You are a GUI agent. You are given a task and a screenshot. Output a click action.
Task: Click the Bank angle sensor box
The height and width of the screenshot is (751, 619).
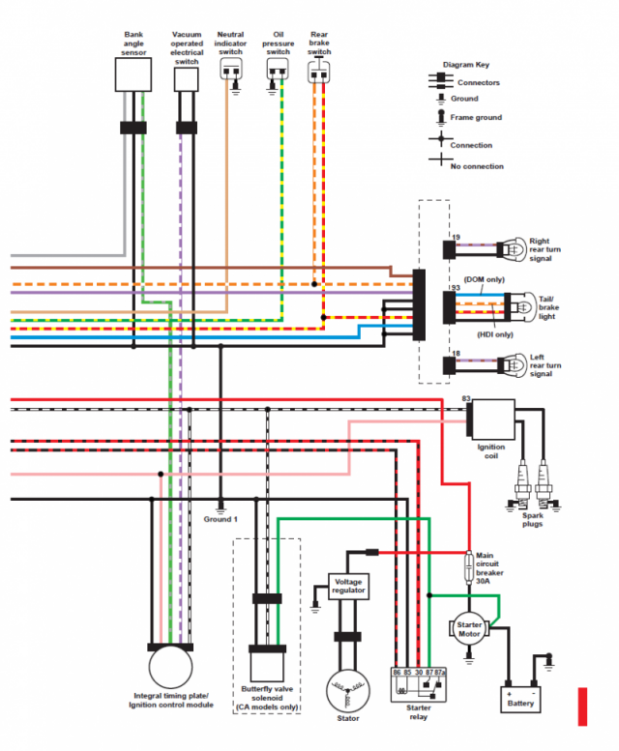point(133,74)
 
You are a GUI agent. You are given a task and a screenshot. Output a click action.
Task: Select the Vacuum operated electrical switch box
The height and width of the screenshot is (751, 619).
point(186,79)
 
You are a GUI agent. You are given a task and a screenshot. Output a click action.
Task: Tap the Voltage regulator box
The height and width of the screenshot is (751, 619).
point(348,587)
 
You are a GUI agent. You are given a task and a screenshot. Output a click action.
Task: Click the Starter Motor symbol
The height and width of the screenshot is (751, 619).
point(469,629)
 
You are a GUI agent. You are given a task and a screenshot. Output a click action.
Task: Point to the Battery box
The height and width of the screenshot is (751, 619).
point(520,700)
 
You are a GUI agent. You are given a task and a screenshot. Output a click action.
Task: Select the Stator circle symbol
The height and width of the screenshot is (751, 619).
point(348,691)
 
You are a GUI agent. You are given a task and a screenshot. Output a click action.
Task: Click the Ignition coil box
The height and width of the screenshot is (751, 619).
point(493,419)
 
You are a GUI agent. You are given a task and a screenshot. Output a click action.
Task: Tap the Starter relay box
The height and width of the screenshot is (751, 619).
point(419,685)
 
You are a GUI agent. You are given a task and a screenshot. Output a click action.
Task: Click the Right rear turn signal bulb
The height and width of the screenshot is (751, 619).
point(513,249)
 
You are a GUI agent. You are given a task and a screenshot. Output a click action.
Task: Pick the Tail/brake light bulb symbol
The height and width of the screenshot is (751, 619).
point(522,307)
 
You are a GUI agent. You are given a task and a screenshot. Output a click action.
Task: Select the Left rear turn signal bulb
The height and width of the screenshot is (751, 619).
point(513,365)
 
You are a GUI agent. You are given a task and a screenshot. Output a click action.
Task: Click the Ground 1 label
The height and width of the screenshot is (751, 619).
point(221,519)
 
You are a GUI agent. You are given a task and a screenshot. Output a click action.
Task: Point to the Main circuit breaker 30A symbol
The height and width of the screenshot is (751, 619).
point(469,566)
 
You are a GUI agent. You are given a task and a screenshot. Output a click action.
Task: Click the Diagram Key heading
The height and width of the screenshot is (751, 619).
point(465,65)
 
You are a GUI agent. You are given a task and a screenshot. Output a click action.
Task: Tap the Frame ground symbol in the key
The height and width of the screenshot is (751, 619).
point(441,117)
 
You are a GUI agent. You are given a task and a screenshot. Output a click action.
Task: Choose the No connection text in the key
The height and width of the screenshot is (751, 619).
point(477,166)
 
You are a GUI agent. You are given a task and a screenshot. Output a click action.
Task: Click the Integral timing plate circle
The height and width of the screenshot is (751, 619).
point(170,667)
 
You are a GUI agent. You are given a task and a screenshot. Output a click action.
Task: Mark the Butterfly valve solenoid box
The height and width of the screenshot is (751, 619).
point(267,667)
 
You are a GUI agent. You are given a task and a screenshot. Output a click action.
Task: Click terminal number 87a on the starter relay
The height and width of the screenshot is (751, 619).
point(440,673)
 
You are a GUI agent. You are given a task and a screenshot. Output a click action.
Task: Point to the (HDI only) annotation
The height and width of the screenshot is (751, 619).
point(495,334)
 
